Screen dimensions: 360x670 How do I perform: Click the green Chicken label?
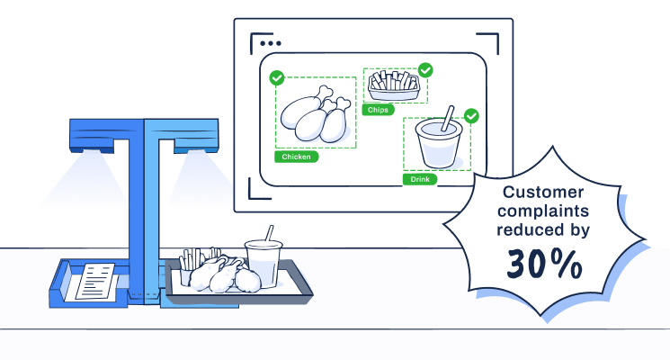[296, 157]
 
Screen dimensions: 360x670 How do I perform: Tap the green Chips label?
[376, 110]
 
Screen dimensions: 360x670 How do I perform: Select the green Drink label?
[420, 179]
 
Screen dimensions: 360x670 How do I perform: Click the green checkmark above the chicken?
[277, 78]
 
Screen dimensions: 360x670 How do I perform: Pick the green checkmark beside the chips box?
[425, 69]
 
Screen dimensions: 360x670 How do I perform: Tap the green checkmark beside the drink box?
[471, 116]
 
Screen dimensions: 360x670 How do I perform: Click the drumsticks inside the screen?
[315, 112]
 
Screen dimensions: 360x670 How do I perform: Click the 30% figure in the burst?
[544, 264]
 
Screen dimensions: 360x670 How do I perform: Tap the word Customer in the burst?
[543, 193]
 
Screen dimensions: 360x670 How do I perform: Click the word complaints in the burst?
[545, 211]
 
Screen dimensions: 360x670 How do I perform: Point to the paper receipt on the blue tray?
[95, 281]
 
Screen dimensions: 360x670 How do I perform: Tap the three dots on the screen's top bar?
[269, 42]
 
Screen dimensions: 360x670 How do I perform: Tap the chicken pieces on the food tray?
[225, 274]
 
